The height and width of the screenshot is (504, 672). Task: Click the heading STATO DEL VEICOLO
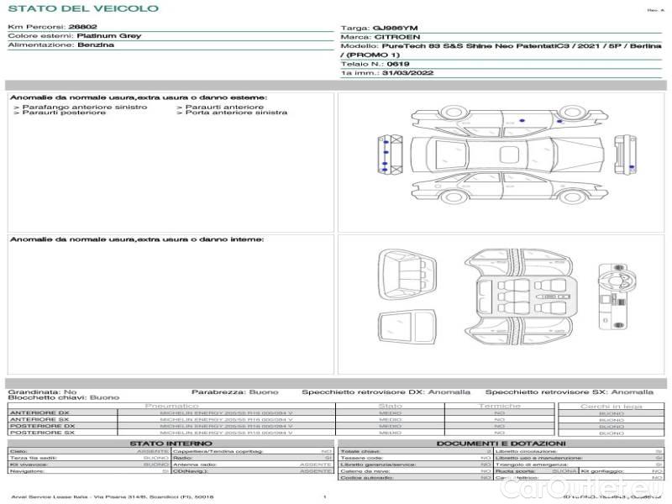tap(83, 8)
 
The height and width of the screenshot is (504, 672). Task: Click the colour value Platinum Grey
tap(109, 36)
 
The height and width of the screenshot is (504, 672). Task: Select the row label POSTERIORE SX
tap(42, 433)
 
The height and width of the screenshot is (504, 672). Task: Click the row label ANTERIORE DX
tap(39, 412)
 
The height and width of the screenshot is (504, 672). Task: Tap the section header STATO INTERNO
tap(171, 443)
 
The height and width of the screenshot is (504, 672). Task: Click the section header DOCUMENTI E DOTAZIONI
tap(501, 443)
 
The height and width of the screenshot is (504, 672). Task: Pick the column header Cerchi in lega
tap(611, 406)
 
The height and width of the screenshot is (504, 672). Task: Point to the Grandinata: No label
tap(42, 391)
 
